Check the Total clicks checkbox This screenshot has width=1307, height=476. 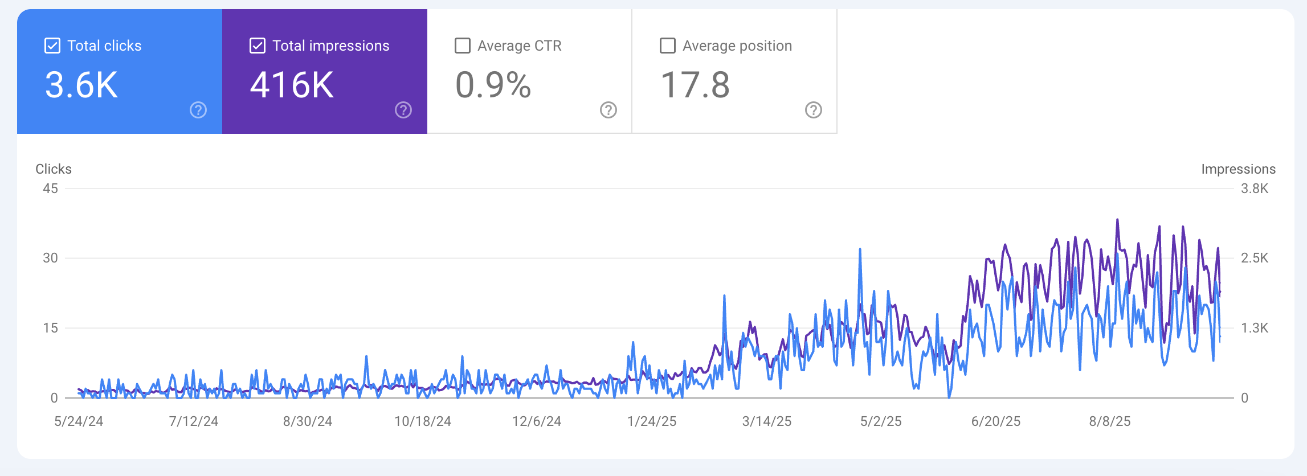pos(52,46)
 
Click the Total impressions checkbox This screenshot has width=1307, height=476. pos(258,46)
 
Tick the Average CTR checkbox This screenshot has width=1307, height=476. pos(463,46)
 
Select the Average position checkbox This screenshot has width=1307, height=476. pos(668,46)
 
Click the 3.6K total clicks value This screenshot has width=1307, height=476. pos(81,85)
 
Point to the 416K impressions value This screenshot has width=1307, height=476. pos(292,85)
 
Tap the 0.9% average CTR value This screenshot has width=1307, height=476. pos(493,85)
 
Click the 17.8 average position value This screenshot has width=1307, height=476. pos(695,85)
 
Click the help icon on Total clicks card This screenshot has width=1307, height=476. pos(198,110)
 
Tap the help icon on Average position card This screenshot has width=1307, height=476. pos(814,110)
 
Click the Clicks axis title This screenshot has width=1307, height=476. pos(54,169)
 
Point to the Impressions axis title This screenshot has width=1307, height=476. pos(1238,169)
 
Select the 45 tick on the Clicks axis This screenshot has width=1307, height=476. pos(50,188)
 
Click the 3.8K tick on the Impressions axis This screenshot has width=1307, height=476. pos(1255,188)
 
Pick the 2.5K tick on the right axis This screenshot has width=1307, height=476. pos(1255,258)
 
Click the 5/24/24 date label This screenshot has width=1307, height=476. pos(79,421)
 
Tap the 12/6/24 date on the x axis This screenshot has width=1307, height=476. pos(537,421)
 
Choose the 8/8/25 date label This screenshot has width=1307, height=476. pos(1110,421)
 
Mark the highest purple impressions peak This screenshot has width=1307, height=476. pos(1117,220)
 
